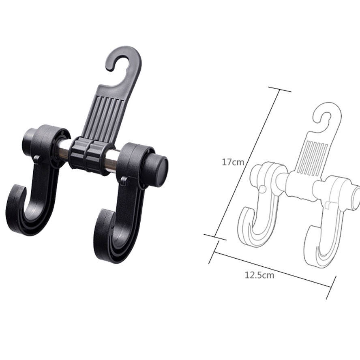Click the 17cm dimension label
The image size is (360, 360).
pos(233,162)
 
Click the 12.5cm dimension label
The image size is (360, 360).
pos(259,275)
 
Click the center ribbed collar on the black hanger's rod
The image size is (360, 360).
pos(88,155)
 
